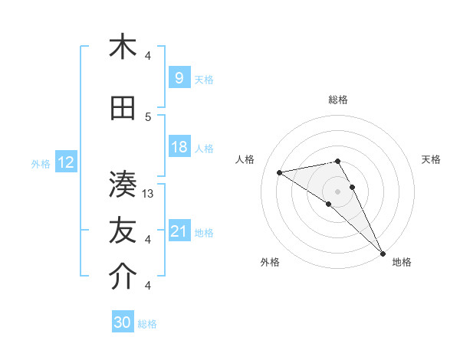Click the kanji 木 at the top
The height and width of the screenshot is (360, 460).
pos(123,47)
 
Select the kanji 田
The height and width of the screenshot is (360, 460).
pos(123,109)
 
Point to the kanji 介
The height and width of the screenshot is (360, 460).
pos(123,278)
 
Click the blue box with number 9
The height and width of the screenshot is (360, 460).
pos(179,78)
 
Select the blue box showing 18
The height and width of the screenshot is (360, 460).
pos(179,147)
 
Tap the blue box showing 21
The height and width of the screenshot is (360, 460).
pos(179,231)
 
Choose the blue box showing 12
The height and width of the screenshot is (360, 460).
pos(66,162)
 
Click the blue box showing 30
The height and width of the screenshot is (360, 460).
pos(123,322)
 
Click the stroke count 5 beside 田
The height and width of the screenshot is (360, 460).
pos(149,117)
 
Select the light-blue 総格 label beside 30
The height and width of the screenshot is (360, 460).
pos(147,324)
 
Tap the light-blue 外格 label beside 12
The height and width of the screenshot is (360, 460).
pos(41,163)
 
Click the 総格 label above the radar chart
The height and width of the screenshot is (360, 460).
pos(338,100)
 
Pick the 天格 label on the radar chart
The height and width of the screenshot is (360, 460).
pos(431,159)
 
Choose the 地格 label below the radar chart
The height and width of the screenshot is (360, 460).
pos(402,262)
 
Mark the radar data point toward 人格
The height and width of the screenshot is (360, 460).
pos(280,172)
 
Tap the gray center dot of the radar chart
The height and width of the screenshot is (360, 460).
pos(338,190)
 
